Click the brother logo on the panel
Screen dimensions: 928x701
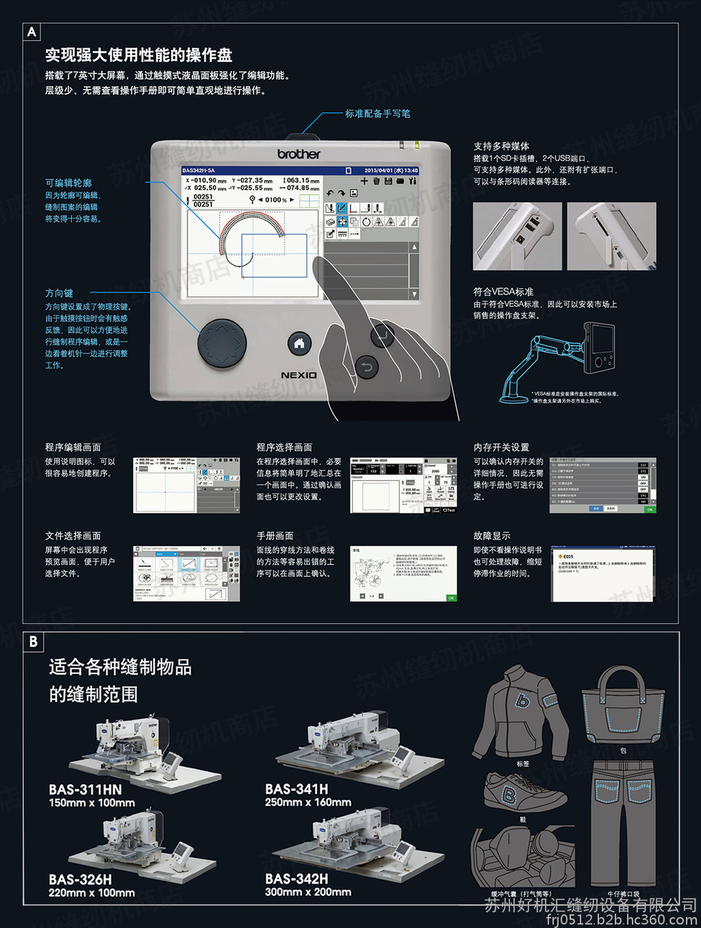coord(298,154)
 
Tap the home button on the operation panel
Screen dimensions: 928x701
coord(299,344)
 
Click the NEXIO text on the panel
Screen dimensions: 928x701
coord(298,375)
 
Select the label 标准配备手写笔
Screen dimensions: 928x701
coord(378,114)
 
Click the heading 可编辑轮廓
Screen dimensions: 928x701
coord(68,183)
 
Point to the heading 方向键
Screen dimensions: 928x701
coord(59,293)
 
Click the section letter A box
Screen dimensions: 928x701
coord(31,32)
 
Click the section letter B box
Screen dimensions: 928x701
coord(33,642)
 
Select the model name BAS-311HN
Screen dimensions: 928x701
coord(85,790)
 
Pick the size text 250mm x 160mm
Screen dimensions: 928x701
coord(308,803)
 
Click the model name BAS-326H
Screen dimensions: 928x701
coord(80,879)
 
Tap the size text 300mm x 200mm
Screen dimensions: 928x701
coord(308,892)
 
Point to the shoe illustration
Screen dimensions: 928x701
coord(524,793)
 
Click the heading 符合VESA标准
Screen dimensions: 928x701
coord(503,292)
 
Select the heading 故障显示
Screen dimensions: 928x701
coord(492,536)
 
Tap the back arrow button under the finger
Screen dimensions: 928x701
coord(367,368)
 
